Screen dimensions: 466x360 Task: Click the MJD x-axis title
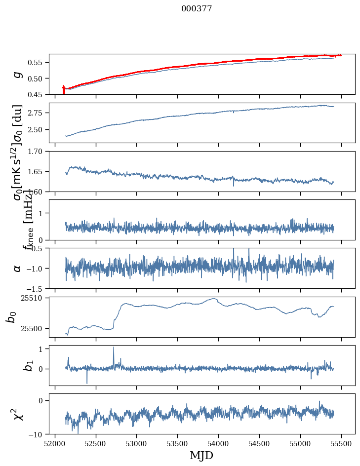202,456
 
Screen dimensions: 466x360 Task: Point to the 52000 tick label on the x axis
55,444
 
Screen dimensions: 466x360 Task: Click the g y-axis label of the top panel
18,74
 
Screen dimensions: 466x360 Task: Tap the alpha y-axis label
18,268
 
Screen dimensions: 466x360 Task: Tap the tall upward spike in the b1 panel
114,348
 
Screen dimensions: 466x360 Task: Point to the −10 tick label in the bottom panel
38,434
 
